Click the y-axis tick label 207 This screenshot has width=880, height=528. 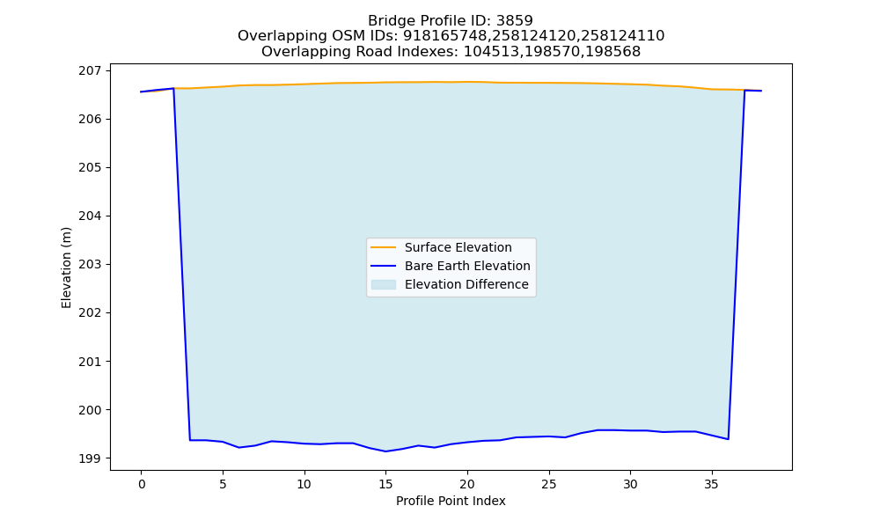(91, 70)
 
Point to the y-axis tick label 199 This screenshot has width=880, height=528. (91, 458)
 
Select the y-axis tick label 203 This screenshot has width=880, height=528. (91, 264)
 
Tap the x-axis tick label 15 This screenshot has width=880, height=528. (385, 484)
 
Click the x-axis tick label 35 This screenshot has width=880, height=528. (712, 484)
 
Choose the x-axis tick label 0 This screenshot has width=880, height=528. (142, 484)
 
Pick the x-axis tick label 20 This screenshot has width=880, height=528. (467, 484)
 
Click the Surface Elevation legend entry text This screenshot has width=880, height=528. (458, 247)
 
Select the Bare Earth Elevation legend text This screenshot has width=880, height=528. (467, 266)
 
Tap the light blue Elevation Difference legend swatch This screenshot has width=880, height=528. (384, 284)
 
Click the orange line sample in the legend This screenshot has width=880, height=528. (384, 247)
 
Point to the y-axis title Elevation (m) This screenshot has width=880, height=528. (66, 268)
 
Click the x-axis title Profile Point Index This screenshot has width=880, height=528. (451, 501)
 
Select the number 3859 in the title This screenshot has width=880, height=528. (515, 21)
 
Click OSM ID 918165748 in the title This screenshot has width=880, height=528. (445, 36)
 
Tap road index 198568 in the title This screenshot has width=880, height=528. (612, 52)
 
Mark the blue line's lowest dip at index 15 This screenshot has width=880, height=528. (385, 451)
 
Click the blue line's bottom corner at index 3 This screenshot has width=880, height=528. (190, 440)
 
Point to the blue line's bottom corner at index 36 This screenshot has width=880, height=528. (728, 439)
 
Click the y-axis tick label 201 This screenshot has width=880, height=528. (91, 362)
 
